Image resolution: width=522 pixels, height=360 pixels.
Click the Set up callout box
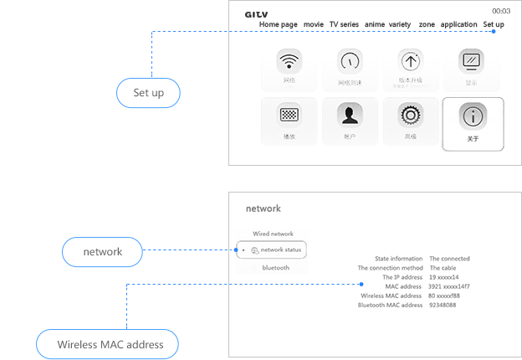[149, 93]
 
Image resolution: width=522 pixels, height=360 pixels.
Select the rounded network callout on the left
[102, 252]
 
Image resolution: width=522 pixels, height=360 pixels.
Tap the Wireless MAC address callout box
[110, 344]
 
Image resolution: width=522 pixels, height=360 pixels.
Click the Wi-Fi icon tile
[289, 62]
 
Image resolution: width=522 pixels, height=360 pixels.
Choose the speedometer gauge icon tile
[349, 62]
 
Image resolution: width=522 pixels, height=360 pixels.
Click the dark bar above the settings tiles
[376, 19]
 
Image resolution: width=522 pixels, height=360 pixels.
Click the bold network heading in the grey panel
[264, 208]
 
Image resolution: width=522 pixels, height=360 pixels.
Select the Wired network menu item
[273, 234]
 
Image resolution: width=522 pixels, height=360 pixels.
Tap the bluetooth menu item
[275, 268]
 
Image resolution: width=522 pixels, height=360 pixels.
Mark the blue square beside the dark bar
[494, 32]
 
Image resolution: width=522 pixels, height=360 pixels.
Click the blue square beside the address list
[361, 285]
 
